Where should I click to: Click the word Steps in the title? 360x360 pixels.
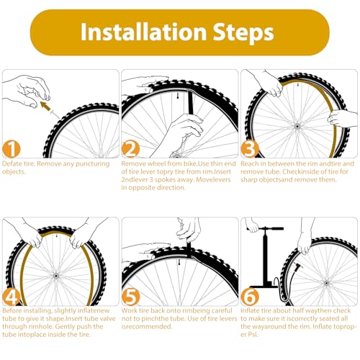(240, 32)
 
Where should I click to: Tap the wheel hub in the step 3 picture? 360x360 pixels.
(296, 127)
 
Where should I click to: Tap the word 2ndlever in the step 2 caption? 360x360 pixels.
(137, 181)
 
